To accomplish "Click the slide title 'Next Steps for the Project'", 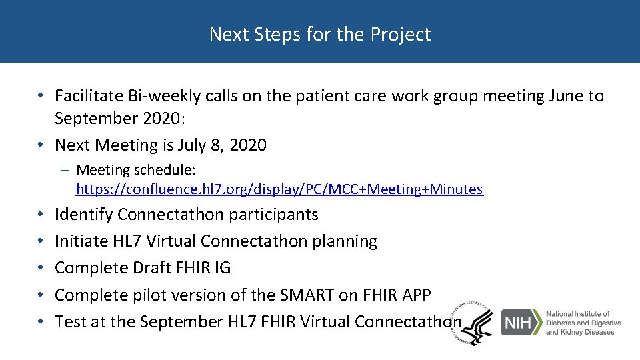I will coord(320,34).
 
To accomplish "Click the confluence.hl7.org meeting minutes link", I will coord(279,189).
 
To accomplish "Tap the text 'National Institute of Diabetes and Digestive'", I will coord(583,319).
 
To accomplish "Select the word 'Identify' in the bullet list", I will coord(84,215).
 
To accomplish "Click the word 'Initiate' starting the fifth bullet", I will coord(81,241).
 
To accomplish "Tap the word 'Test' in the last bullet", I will coord(69,321).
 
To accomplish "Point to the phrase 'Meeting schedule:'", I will coord(135,170).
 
